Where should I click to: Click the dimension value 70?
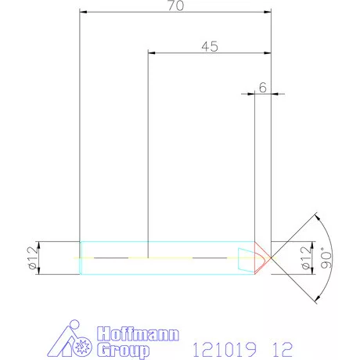point(176,5)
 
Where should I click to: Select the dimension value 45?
point(210,46)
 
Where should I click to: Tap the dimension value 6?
point(263,88)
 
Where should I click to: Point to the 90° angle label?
point(326,257)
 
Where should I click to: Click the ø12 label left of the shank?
point(33,257)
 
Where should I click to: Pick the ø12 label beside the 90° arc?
point(306,257)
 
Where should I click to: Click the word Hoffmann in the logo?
point(138,333)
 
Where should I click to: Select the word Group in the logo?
point(123,351)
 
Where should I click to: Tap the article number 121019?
point(225,350)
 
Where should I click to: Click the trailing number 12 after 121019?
point(283,350)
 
